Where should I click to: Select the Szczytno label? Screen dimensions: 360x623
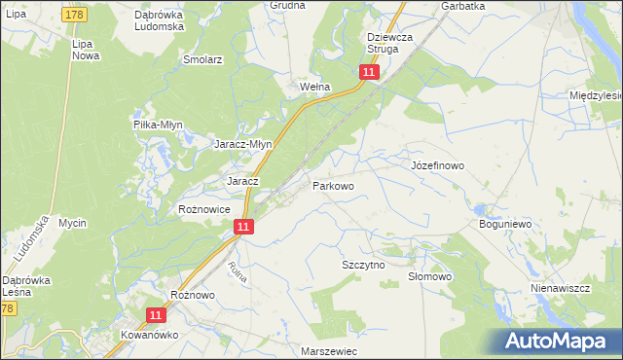tap(363, 265)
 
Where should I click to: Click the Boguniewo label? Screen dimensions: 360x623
tap(503, 224)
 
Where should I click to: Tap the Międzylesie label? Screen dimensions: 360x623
tap(596, 95)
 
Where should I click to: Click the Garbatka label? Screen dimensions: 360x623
tap(462, 6)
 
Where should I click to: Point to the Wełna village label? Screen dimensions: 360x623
tap(314, 87)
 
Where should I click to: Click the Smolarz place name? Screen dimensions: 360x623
tap(203, 59)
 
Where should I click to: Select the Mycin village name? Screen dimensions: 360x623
tap(72, 224)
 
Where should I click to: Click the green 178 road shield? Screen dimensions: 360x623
tap(74, 15)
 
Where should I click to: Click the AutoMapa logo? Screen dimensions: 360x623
tap(559, 341)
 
